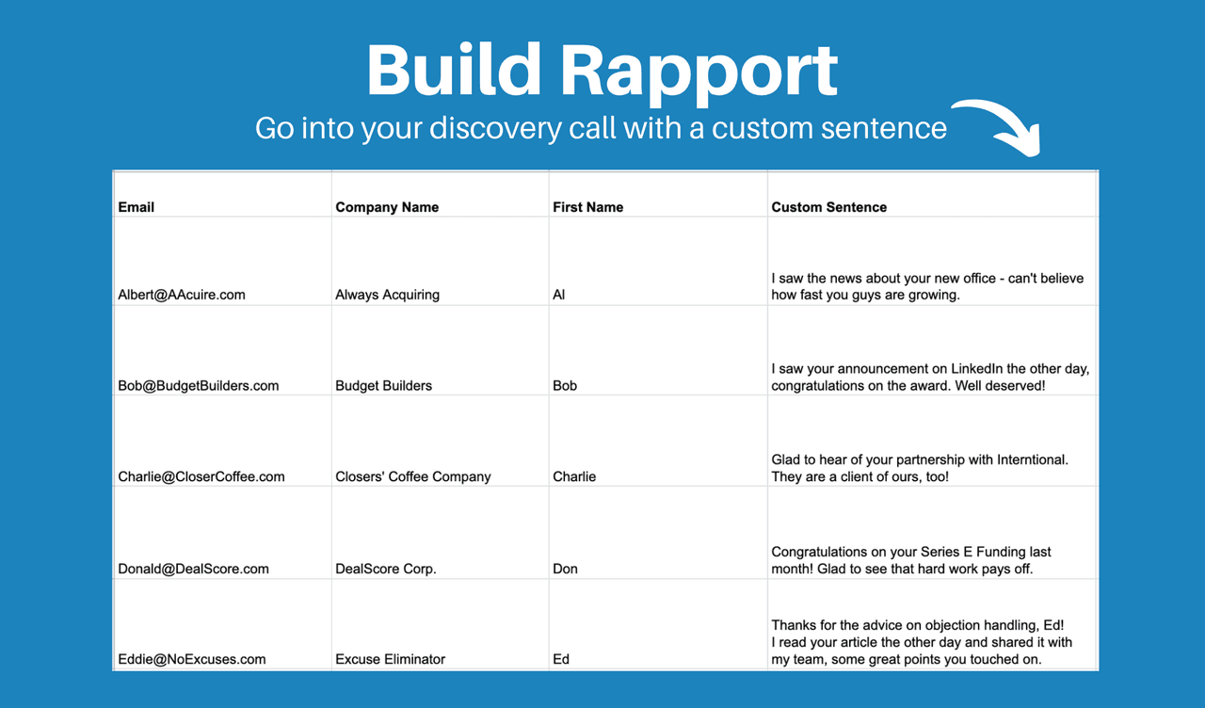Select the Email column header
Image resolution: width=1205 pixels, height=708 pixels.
pos(137,207)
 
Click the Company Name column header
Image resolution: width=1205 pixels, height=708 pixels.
pos(387,207)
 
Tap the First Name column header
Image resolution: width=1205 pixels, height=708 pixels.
pos(587,207)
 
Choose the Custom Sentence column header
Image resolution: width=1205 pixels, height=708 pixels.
pos(828,207)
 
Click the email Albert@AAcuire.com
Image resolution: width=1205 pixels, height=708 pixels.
pos(182,295)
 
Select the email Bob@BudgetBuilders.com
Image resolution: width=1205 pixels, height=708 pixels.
pos(199,386)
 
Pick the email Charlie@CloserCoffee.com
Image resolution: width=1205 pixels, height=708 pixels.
pos(201,476)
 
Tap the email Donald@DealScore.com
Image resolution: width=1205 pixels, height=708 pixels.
pos(194,569)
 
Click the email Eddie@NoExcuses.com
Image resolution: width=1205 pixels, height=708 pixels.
pos(192,659)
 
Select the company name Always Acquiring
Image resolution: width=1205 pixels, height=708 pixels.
pos(387,295)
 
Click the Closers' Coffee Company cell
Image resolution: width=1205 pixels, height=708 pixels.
pos(412,476)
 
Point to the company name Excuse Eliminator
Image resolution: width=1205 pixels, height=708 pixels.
pos(390,659)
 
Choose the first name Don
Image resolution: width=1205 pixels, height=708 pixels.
pos(565,569)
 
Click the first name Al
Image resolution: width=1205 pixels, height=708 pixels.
pos(559,295)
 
